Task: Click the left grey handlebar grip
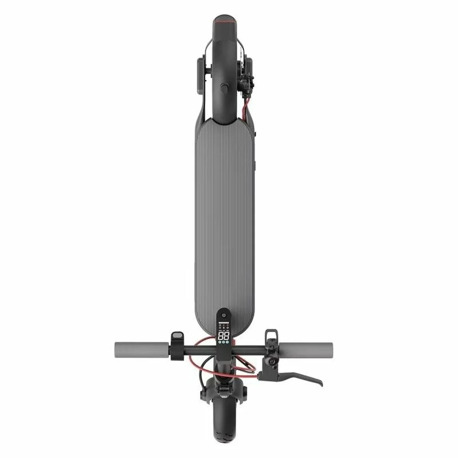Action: pyautogui.click(x=141, y=348)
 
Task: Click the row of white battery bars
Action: pyautogui.click(x=224, y=323)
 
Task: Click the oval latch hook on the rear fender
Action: pyautogui.click(x=224, y=88)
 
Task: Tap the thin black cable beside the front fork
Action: pyautogui.click(x=201, y=378)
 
